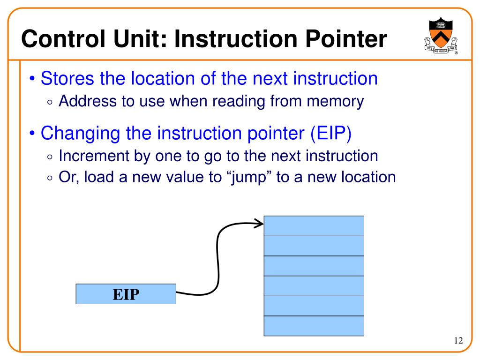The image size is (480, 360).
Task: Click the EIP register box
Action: point(126,294)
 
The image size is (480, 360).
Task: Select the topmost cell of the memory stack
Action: point(314,225)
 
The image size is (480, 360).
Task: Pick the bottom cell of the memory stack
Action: point(314,326)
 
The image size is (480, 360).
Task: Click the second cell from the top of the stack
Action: point(314,246)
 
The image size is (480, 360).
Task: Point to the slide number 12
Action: point(458,341)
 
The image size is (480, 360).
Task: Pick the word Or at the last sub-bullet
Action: point(67,177)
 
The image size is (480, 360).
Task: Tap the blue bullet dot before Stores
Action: point(31,79)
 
